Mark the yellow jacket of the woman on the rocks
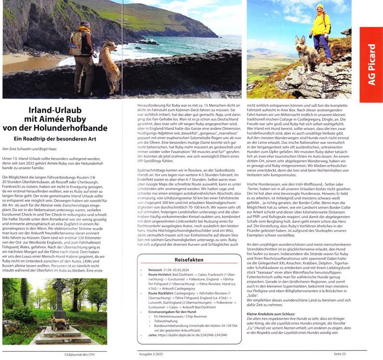(x=320, y=25)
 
